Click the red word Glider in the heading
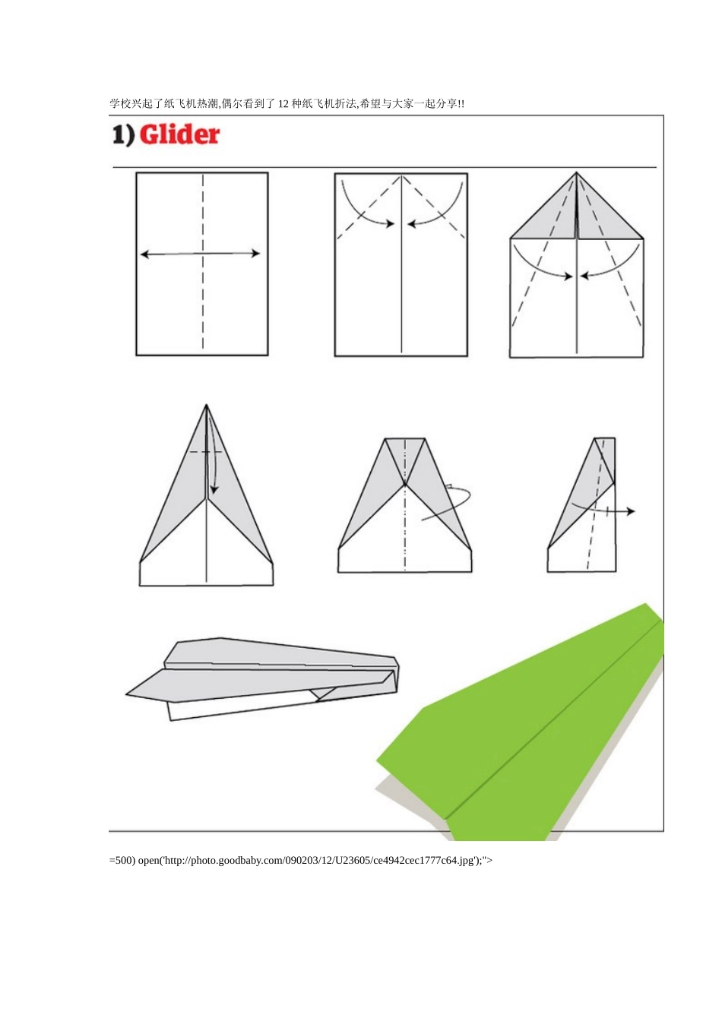(x=179, y=135)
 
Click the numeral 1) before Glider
(x=123, y=135)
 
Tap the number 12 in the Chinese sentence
(x=283, y=103)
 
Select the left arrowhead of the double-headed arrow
(x=144, y=254)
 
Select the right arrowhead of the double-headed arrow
(x=255, y=254)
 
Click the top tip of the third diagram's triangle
(x=576, y=172)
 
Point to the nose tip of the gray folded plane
(x=127, y=694)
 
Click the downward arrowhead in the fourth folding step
(x=214, y=489)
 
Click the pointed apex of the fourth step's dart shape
(x=206, y=405)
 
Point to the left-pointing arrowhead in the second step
(x=411, y=224)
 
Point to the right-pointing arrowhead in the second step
(x=390, y=223)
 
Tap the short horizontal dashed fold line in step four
(x=206, y=452)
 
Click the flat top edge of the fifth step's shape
(x=405, y=438)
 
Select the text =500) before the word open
(x=122, y=860)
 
